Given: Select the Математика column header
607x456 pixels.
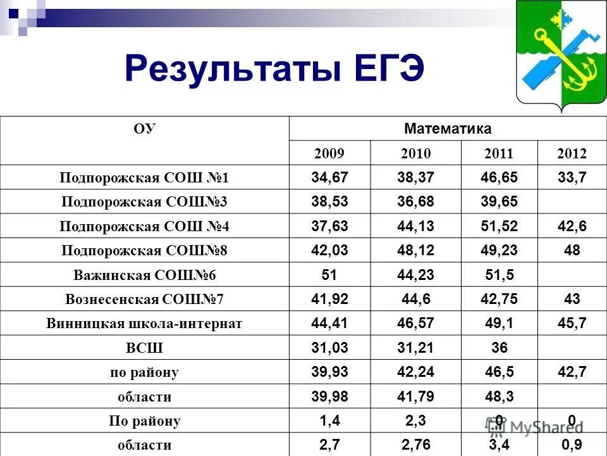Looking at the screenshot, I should click(x=447, y=129).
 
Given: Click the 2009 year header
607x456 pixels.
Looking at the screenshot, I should click(x=330, y=154).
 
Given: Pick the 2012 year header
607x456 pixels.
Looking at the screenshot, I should click(x=572, y=154).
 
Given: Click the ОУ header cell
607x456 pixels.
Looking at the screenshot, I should click(x=145, y=129).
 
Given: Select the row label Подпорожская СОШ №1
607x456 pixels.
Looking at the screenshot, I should click(x=145, y=178).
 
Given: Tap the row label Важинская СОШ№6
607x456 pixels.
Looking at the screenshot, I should click(x=145, y=275).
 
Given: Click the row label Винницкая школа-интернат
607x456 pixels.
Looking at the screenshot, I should click(x=145, y=324).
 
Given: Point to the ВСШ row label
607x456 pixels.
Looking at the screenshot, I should click(x=145, y=348).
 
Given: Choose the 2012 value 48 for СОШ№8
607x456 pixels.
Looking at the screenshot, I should click(x=572, y=251).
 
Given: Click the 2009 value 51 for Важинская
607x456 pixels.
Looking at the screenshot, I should click(x=330, y=275).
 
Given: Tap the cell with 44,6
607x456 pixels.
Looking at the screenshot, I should click(x=415, y=299).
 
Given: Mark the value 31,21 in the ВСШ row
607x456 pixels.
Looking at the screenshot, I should click(x=415, y=348).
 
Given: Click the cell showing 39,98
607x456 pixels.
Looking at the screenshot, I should click(x=330, y=397).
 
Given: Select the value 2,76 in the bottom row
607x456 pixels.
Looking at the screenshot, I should click(x=415, y=445).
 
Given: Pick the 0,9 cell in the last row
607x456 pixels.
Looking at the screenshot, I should click(x=572, y=445).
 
